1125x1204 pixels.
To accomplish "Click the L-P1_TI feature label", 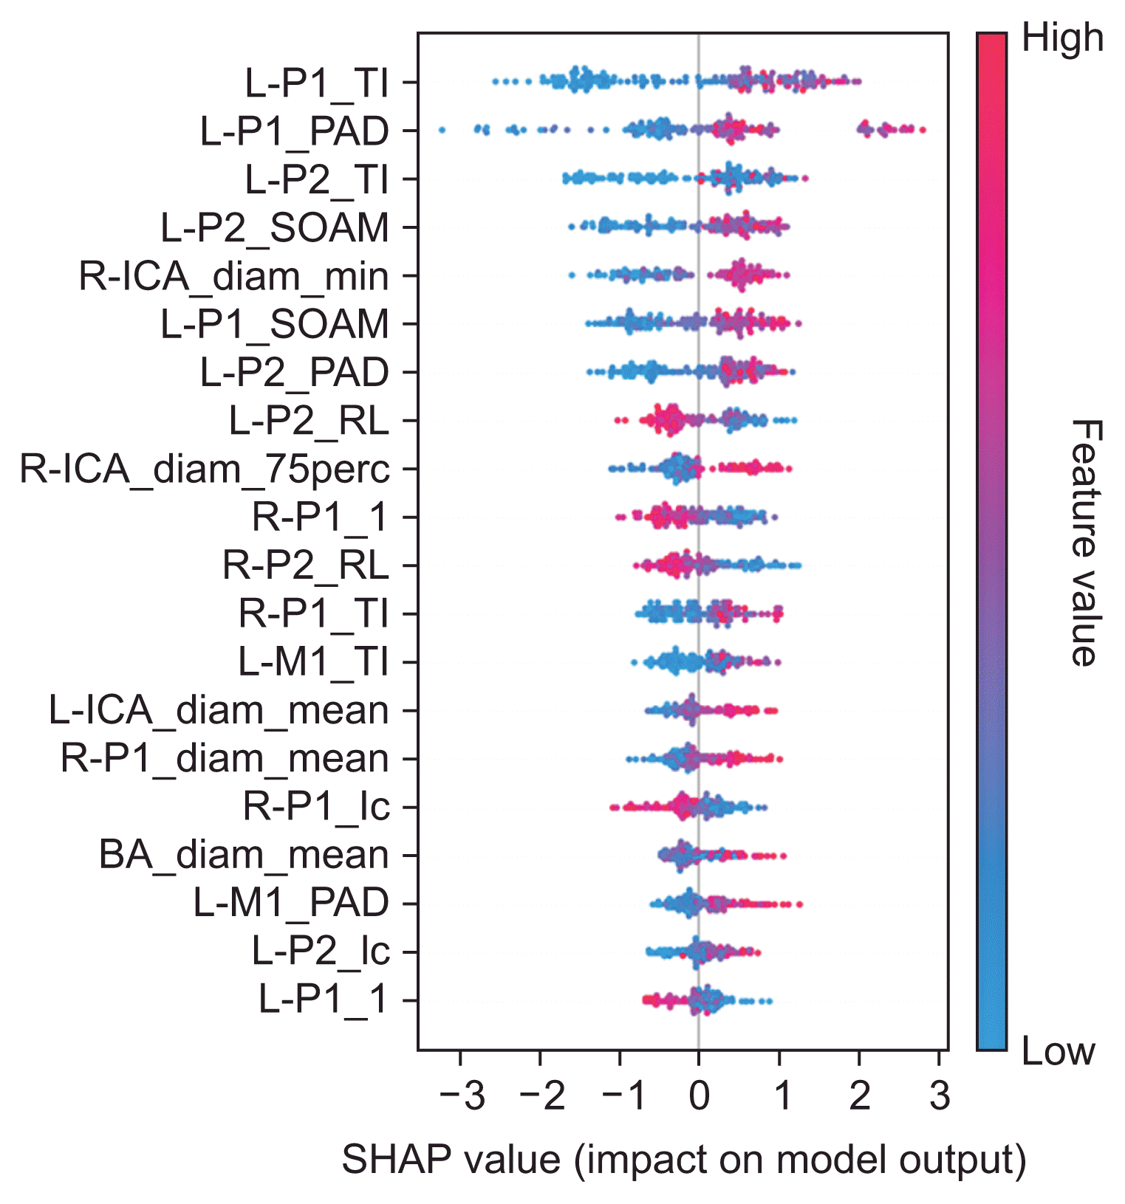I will tap(316, 83).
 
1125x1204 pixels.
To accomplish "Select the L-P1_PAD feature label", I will tap(294, 131).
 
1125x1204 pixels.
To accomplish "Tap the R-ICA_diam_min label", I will tap(233, 276).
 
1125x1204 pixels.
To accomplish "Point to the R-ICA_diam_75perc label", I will tap(204, 469).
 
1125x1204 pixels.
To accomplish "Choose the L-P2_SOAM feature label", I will tap(275, 227).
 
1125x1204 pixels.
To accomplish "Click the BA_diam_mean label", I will tap(244, 855).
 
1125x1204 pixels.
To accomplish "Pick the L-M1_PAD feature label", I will tap(291, 903).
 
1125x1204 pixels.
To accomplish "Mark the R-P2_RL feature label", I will tap(305, 565).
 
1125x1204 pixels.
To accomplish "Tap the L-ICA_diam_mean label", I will tap(219, 710).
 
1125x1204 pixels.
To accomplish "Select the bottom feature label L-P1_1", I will tap(323, 1000).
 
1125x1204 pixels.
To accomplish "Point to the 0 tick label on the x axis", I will tap(699, 1097).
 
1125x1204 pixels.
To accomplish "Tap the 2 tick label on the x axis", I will tap(859, 1097).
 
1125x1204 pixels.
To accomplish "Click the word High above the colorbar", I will tap(1062, 38).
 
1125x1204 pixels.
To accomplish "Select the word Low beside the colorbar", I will tap(1058, 1051).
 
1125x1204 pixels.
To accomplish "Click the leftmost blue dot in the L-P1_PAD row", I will tap(442, 130).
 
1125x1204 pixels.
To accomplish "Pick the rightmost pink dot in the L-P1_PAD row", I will tap(922, 130).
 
